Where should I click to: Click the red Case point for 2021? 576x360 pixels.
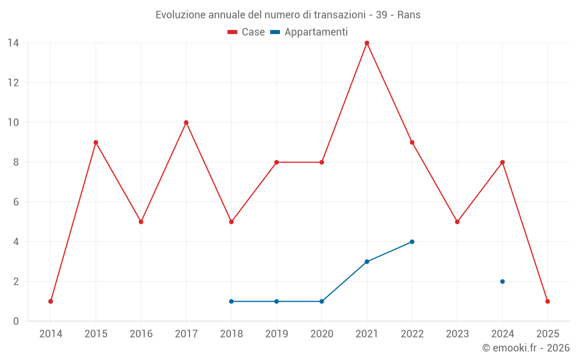pos(367,43)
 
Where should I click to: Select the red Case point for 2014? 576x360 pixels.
pos(51,301)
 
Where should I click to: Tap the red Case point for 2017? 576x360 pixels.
pos(186,123)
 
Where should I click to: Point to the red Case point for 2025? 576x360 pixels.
pos(547,301)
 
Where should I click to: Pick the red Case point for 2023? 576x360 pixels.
pos(457,222)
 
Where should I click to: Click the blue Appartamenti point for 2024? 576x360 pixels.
pos(502,282)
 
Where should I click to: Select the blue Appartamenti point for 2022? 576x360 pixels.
pos(412,242)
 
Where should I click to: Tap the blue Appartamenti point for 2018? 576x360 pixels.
pos(232,301)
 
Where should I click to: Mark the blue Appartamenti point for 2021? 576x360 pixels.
pos(367,262)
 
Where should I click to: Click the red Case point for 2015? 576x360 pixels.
pos(96,142)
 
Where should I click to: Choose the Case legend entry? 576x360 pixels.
pos(247,32)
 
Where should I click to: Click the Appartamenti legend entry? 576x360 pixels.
pos(309,32)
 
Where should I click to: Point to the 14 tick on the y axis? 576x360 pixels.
pos(13,43)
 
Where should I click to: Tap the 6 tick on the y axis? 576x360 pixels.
pos(16,202)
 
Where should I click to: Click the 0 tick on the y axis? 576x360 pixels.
pos(16,321)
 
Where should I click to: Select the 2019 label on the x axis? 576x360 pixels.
pos(276,334)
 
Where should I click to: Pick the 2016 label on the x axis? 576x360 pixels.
pos(141,334)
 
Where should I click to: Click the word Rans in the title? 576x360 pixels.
pos(408,15)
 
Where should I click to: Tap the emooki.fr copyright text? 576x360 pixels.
pos(526,348)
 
